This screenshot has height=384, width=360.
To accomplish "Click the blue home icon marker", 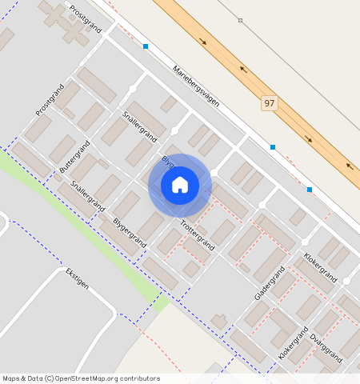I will click(x=180, y=185).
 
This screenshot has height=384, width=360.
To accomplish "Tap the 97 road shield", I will click(x=270, y=103).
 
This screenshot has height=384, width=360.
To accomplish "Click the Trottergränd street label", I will click(x=197, y=234).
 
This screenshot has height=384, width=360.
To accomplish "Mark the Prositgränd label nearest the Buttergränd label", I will click(x=48, y=99).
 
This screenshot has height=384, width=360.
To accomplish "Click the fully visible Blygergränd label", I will click(x=130, y=230).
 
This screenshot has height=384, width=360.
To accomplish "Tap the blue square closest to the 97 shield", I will click(x=273, y=147).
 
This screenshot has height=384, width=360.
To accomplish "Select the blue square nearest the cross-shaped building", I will click(x=145, y=46).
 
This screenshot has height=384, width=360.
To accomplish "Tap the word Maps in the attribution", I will click(x=11, y=378).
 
